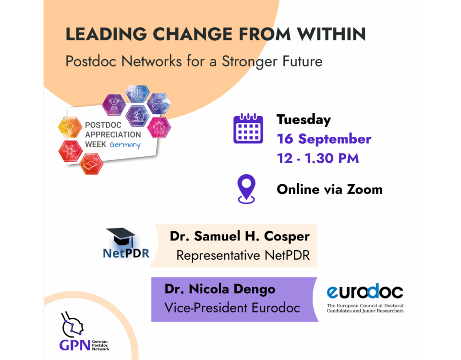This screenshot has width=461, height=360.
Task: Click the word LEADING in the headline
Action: [x=106, y=34]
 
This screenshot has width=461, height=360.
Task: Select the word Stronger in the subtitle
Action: [x=249, y=61]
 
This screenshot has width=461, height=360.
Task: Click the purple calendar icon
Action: [x=248, y=128]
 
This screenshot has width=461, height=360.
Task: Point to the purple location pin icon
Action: [x=246, y=188]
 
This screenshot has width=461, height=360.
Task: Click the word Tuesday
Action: [x=303, y=120]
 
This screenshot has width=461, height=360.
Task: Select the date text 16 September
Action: [x=324, y=139]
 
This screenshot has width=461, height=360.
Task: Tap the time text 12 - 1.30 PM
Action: [x=318, y=158]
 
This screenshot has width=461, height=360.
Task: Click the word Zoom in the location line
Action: [x=364, y=189]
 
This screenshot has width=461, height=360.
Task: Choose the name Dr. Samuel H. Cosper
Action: [x=240, y=236]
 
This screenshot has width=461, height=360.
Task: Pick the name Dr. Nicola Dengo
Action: [x=220, y=289]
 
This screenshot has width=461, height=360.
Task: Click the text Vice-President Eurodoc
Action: [x=232, y=308]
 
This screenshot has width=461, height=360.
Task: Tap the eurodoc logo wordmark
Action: [x=365, y=291]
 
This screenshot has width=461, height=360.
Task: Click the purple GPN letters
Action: [x=75, y=345]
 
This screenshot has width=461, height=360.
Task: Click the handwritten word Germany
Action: [x=125, y=145]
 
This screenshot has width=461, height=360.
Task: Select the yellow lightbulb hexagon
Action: [x=70, y=127]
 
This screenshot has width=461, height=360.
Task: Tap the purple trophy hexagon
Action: [x=114, y=104]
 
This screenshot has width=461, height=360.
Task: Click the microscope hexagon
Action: [x=137, y=116]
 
